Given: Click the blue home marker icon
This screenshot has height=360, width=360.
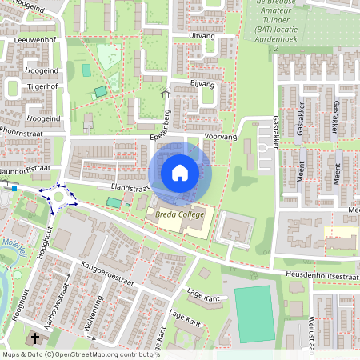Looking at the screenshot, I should pos(180,172).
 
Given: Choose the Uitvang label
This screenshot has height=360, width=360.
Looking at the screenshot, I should pos(202,36).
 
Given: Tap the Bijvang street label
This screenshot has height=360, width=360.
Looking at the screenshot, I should pos(203,83).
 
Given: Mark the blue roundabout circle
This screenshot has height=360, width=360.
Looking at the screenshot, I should pos(58,194).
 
